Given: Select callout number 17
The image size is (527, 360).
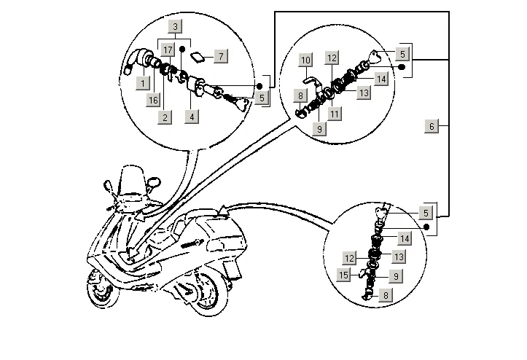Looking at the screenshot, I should [x=168, y=50].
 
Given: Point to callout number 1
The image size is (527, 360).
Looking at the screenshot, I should [x=143, y=84].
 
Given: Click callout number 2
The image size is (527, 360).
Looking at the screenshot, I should [x=165, y=117].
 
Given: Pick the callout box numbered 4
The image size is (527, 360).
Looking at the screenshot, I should [x=191, y=117].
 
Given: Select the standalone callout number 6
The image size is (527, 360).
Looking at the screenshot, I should [x=432, y=126].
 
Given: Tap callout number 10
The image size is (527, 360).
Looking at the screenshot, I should [x=306, y=58].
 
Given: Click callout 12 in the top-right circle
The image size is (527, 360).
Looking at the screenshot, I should [x=332, y=57].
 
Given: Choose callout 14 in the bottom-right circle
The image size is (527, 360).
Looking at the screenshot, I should [x=404, y=238].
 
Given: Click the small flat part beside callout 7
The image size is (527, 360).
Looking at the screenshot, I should [x=197, y=56].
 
